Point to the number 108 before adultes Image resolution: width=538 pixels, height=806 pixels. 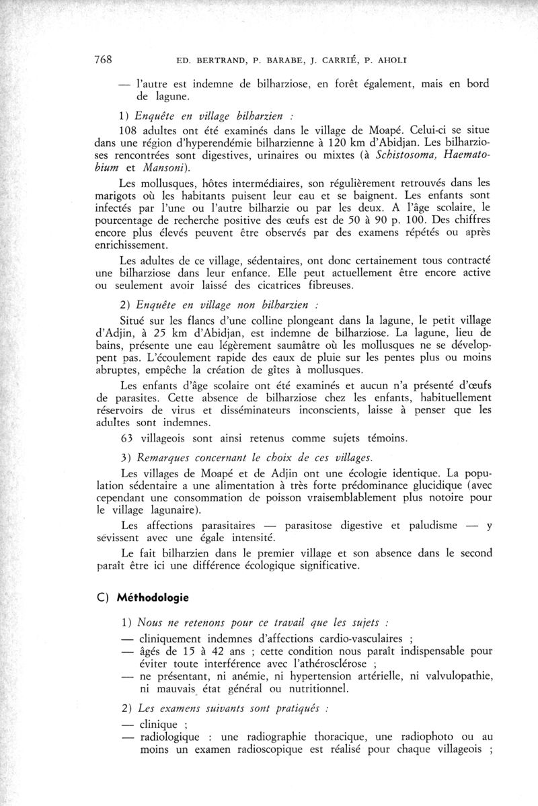129,129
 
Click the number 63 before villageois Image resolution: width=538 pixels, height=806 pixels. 126,438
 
